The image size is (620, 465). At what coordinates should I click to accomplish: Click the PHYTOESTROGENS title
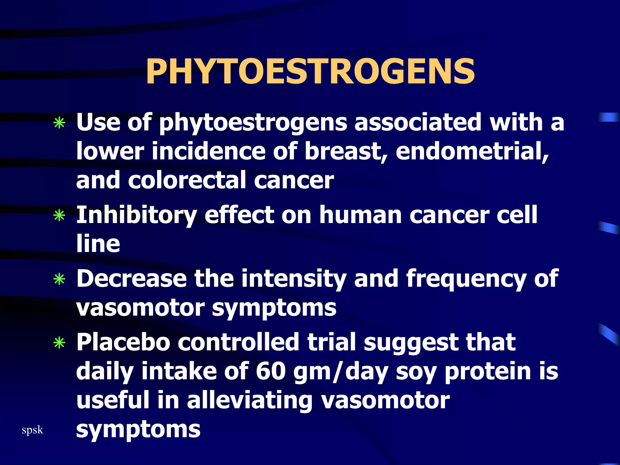point(310,72)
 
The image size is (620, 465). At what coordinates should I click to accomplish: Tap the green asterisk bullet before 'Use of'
point(59,123)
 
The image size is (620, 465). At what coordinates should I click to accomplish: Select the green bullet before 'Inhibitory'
point(59,216)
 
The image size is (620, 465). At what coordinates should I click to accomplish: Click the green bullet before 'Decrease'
point(59,279)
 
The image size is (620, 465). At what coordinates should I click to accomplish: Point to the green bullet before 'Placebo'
point(59,343)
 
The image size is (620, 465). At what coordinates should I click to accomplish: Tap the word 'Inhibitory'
point(137,215)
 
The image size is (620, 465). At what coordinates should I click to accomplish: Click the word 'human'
point(360,215)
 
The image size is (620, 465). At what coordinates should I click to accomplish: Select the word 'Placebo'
point(123,342)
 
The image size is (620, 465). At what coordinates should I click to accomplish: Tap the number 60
point(271,371)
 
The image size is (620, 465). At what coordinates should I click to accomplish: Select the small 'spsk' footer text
point(32,430)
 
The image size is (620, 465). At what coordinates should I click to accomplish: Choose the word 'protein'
point(488,372)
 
